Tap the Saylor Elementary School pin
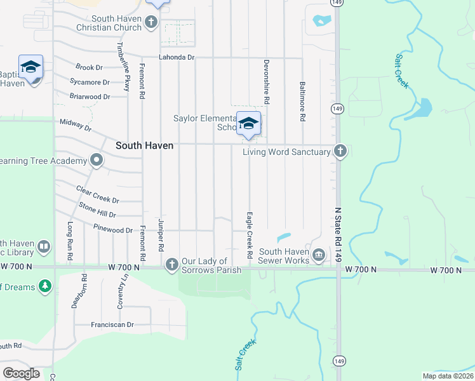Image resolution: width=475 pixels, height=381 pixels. click(x=248, y=123)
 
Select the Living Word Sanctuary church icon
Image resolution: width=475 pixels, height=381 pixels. click(x=340, y=152)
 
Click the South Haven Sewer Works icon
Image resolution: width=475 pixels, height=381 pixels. click(x=319, y=256)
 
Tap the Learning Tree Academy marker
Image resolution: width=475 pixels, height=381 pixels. click(x=97, y=160)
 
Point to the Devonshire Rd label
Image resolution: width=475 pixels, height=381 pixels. click(x=267, y=83)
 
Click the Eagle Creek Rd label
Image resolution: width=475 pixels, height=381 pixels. click(x=250, y=235)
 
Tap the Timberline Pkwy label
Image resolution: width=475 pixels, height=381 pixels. click(x=126, y=67)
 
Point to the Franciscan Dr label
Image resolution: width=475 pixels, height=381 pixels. click(x=112, y=324)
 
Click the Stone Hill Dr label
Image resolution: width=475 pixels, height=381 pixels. click(x=97, y=210)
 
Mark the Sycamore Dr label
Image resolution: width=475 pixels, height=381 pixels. click(x=90, y=82)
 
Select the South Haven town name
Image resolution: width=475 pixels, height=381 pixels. click(x=144, y=145)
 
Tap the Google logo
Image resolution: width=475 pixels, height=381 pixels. click(x=22, y=373)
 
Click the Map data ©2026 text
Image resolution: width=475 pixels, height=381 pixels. click(x=448, y=376)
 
